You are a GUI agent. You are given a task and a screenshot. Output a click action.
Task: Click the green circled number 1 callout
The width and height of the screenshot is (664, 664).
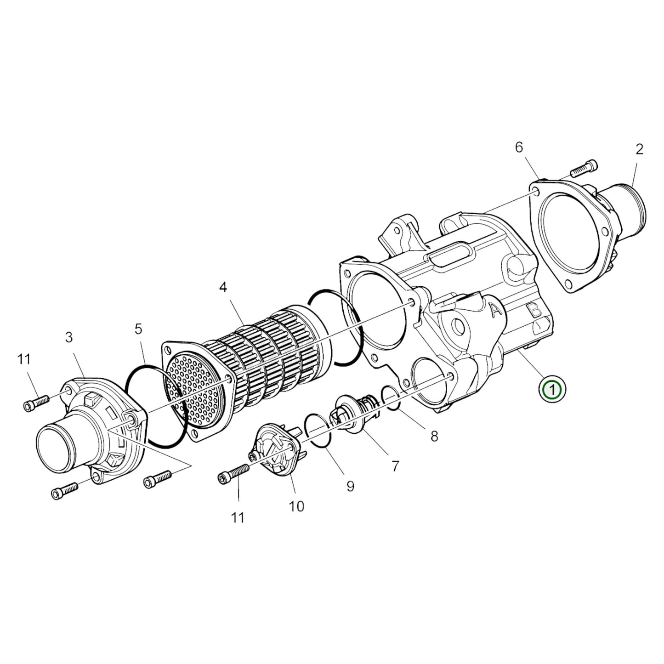553,390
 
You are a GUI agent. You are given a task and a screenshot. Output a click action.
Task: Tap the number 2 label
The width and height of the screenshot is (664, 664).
639,149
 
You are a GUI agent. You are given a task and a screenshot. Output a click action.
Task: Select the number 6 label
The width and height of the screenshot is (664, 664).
519,148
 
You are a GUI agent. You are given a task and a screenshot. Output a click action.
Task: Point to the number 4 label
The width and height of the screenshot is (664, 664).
223,288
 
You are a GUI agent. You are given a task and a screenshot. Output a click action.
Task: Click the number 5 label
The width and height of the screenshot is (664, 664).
138,329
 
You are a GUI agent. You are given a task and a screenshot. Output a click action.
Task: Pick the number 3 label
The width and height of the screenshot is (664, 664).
69,337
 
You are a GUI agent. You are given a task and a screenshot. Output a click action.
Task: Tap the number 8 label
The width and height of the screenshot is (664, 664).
434,436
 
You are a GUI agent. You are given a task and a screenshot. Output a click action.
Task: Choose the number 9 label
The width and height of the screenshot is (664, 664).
350,486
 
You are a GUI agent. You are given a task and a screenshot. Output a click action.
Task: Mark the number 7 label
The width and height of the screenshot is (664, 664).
395,466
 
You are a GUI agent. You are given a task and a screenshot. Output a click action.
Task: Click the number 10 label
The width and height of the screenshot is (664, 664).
296,506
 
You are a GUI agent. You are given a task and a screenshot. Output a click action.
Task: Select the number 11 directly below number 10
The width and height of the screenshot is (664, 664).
238,518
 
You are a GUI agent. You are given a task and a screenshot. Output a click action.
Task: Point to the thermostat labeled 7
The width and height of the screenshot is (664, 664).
357,410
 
